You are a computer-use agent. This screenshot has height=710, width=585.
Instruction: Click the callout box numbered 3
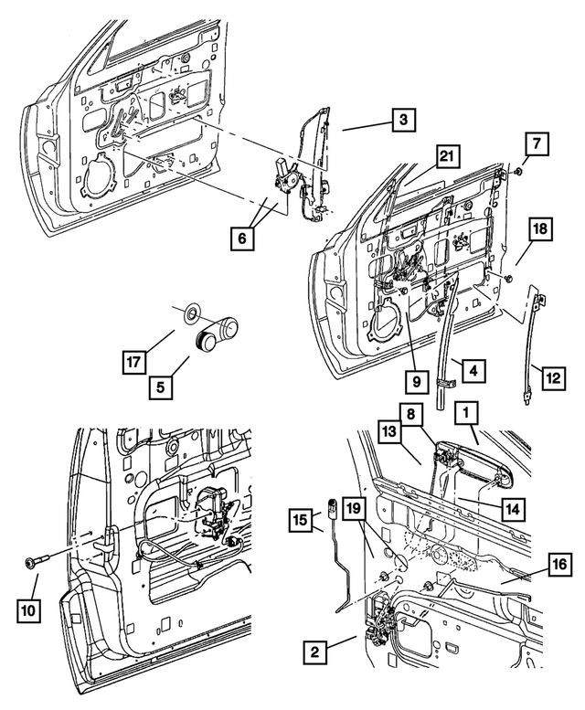[x=402, y=118]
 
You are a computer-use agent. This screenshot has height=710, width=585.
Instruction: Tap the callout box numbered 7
[x=536, y=143]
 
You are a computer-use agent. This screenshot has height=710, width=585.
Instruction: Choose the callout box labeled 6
[x=241, y=238]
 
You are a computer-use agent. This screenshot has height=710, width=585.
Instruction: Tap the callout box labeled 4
[x=474, y=371]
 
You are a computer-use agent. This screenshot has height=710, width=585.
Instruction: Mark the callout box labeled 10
[x=31, y=608]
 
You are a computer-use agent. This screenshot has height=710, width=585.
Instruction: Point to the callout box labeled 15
[x=299, y=520]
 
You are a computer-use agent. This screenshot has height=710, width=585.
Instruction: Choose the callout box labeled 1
[x=467, y=412]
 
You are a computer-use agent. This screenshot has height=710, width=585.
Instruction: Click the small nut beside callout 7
[x=517, y=171]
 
